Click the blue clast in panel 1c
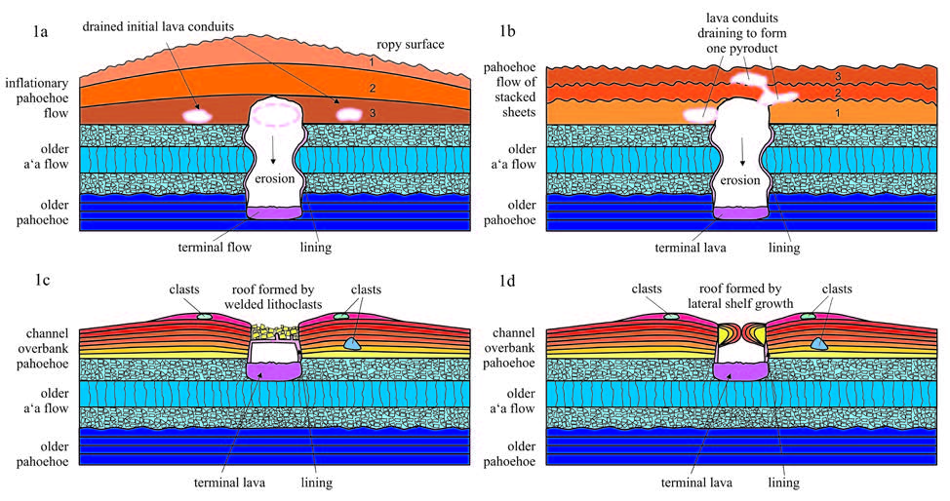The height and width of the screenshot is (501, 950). (354, 344)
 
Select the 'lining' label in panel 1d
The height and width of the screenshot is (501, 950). (783, 482)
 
